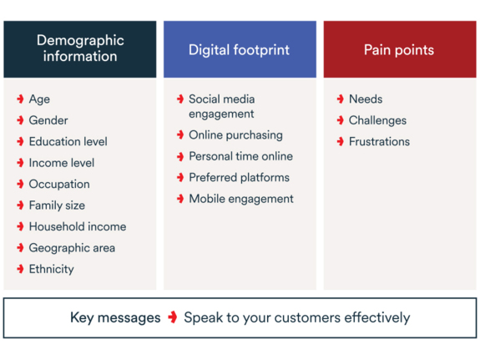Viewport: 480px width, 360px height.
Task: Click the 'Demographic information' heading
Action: tap(80, 48)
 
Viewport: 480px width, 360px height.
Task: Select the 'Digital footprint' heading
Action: tap(239, 49)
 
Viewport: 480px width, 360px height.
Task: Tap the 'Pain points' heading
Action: tap(399, 49)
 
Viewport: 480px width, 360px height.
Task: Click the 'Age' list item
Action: tap(39, 99)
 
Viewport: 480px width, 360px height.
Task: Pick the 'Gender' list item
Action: tap(48, 120)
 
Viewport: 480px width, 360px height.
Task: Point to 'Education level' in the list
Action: tap(68, 141)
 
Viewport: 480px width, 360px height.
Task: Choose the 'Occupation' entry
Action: tap(59, 184)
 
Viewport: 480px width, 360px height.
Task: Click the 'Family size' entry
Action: tap(57, 205)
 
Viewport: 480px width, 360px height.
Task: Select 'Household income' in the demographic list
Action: tap(78, 226)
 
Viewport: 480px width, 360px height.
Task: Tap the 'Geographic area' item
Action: tap(73, 248)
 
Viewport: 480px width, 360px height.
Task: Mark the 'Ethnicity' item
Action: tap(52, 269)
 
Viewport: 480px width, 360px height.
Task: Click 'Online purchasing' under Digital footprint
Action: tap(235, 135)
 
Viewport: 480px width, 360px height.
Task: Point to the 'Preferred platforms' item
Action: tap(239, 177)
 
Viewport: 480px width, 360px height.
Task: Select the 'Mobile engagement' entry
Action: tap(241, 199)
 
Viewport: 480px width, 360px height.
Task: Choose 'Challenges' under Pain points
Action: tap(378, 120)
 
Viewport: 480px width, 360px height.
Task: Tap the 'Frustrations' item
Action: tap(379, 141)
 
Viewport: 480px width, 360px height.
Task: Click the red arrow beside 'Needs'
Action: tap(340, 99)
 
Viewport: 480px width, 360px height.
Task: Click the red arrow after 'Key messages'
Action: tap(173, 317)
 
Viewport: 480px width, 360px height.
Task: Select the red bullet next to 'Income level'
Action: tap(20, 163)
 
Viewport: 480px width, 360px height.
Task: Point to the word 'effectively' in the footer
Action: tap(377, 317)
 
